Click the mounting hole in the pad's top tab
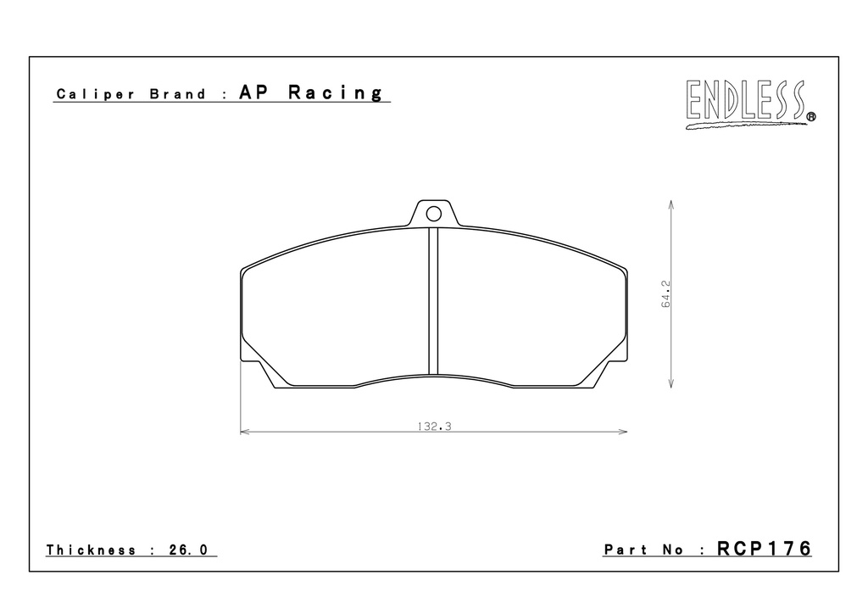coord(433,214)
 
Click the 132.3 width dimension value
coord(435,427)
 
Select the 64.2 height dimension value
coord(665,294)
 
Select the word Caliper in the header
coord(95,94)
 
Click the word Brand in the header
coord(178,93)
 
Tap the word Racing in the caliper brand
coord(335,93)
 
